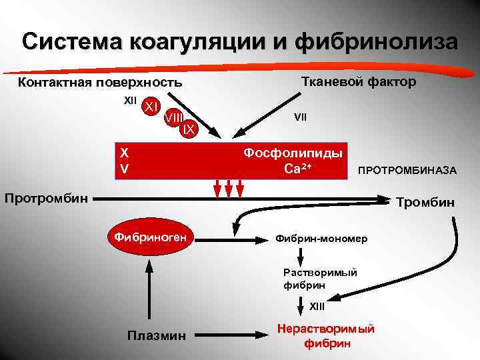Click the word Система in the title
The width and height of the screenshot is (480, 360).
(x=74, y=41)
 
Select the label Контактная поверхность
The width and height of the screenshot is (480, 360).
(x=99, y=83)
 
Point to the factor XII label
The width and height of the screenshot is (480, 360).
(x=131, y=101)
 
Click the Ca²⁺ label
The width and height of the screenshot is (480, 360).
(x=299, y=168)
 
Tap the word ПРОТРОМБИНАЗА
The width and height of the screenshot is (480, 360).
(x=407, y=171)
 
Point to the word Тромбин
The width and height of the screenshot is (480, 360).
(x=425, y=202)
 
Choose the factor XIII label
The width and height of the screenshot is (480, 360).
(x=317, y=306)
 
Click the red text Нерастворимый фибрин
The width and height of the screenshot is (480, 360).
(x=326, y=337)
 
